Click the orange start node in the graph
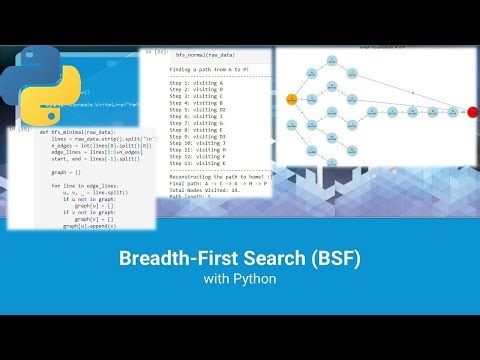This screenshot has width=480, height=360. [292, 99]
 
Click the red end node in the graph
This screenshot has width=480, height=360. [472, 112]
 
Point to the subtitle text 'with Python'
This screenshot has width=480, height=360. [240, 280]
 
